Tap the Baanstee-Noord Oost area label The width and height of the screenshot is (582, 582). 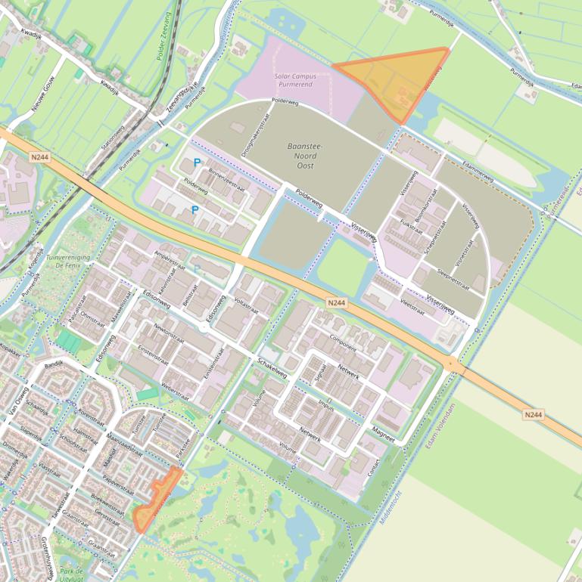305,155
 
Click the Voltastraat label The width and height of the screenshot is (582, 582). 247,305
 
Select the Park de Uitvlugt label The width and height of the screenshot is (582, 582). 72,571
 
